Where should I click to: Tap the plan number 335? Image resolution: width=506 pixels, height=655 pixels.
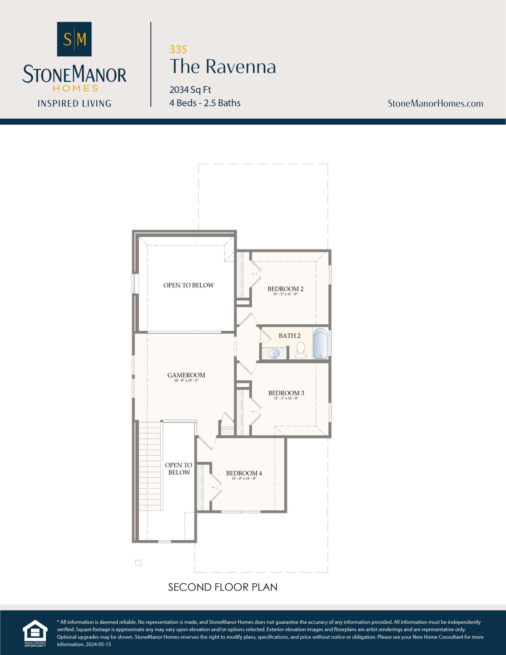click(178, 49)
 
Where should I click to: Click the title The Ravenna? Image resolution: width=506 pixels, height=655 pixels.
click(223, 67)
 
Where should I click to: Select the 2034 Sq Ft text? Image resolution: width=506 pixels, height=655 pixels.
click(190, 90)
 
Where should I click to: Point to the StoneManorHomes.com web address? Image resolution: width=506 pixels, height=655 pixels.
click(435, 103)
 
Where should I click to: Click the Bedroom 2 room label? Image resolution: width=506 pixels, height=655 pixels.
click(285, 289)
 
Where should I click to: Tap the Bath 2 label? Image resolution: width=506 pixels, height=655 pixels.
click(289, 336)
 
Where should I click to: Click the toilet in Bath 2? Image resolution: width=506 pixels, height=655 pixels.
click(301, 350)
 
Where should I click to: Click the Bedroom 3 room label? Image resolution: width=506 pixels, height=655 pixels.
click(286, 393)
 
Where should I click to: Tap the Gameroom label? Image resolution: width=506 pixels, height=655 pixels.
click(186, 375)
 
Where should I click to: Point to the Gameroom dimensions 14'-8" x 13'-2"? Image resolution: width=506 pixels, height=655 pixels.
click(186, 380)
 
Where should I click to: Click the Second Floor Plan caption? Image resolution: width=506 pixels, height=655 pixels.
click(223, 587)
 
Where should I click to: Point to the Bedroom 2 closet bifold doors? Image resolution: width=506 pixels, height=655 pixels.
click(256, 275)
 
